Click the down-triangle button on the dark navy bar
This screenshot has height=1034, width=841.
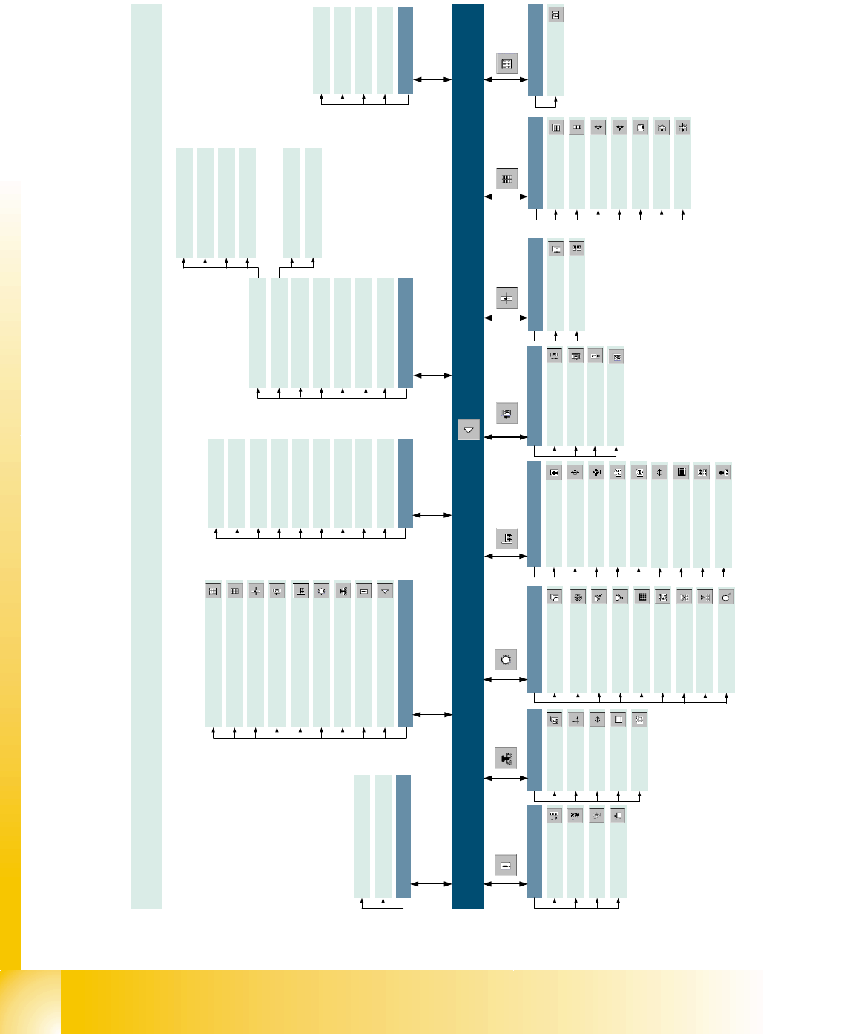469,430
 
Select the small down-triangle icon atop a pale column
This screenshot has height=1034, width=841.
385,592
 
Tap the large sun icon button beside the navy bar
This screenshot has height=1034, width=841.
506,659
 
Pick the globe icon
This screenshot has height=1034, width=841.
578,597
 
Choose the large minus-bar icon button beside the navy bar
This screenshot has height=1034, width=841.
506,865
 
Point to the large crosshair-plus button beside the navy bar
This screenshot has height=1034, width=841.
507,298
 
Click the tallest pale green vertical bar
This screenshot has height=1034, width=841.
147,456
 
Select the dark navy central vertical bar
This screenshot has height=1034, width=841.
467,223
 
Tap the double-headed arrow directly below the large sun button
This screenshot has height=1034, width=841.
506,679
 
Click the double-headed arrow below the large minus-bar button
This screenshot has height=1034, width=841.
506,883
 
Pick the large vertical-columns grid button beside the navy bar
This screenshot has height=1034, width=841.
507,179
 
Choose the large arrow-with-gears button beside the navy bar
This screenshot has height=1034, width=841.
506,758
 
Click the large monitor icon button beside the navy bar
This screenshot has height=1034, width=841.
507,413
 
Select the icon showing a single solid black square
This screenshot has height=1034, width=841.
682,472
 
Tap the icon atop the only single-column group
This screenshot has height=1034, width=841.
555,14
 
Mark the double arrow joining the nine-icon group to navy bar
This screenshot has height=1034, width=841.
432,714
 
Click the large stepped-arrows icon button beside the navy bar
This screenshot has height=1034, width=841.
507,538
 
